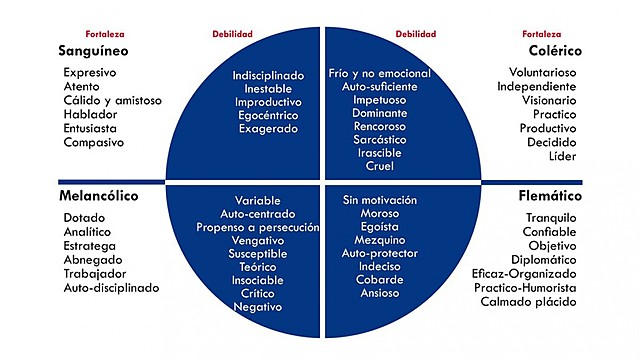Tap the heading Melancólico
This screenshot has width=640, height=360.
pyautogui.click(x=98, y=196)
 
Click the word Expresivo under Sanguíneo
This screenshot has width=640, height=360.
pyautogui.click(x=90, y=73)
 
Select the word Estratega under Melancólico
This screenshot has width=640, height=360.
pyautogui.click(x=89, y=245)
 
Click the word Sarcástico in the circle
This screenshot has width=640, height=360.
pyautogui.click(x=372, y=142)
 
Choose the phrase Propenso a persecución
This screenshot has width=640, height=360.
pyautogui.click(x=270, y=228)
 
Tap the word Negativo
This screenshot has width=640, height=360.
pyautogui.click(x=258, y=307)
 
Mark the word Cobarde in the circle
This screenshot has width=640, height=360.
pyautogui.click(x=371, y=280)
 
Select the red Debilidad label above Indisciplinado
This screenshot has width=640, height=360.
pyautogui.click(x=232, y=33)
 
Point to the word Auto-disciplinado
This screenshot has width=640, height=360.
pyautogui.click(x=112, y=287)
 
